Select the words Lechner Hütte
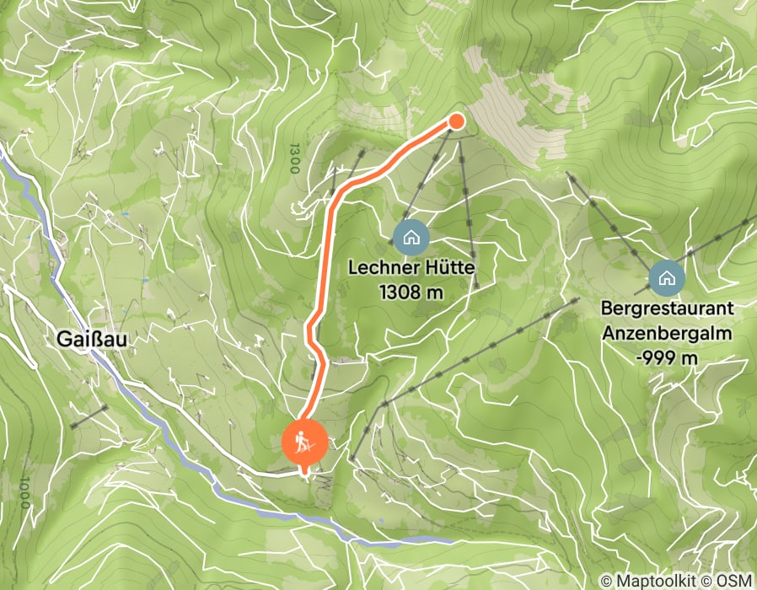click(412, 270)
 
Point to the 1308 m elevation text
click(412, 292)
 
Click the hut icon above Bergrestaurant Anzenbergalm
click(666, 276)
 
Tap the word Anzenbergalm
click(666, 332)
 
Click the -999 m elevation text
click(666, 357)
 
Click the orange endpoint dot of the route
click(456, 121)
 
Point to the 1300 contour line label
click(294, 158)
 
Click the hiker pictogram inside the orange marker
click(305, 442)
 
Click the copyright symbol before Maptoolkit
click(607, 581)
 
